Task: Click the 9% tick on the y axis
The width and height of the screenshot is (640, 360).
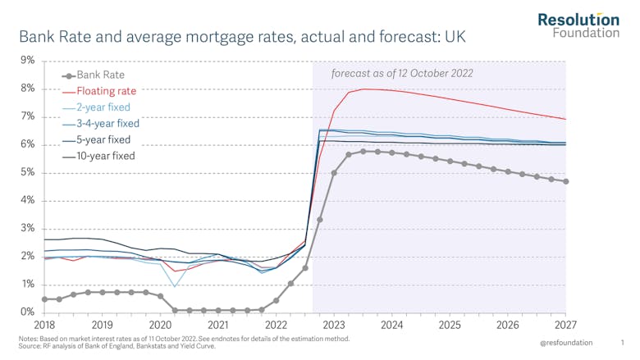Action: (x=27, y=61)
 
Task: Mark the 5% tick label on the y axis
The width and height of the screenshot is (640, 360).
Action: (x=27, y=173)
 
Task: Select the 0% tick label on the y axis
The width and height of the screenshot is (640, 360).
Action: (x=27, y=312)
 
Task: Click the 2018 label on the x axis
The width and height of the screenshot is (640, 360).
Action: (x=44, y=326)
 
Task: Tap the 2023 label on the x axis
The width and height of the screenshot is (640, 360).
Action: (x=334, y=326)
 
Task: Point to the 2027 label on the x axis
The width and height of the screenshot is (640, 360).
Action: (x=566, y=326)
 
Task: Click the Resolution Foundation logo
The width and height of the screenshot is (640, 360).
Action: (x=578, y=25)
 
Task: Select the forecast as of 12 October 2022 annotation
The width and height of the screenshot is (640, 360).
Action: (x=402, y=74)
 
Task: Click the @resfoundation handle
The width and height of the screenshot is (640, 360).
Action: (x=566, y=343)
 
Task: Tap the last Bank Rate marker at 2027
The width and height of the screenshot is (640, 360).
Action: (x=566, y=181)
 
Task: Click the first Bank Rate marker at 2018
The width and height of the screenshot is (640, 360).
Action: (x=44, y=299)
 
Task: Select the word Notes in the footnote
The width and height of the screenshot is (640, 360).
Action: (x=29, y=338)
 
